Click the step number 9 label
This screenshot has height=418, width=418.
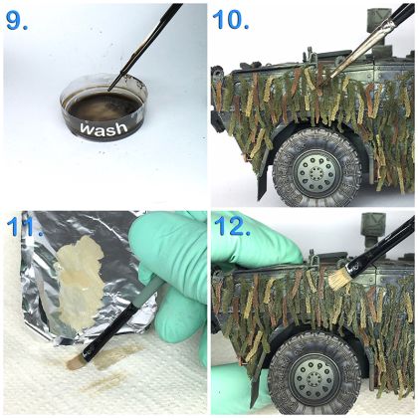17,21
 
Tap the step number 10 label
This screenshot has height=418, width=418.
231,20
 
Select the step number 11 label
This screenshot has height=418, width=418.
24,227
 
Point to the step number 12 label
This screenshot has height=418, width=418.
232,226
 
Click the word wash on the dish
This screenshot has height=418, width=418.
104,128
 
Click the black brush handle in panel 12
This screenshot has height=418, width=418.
381,246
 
